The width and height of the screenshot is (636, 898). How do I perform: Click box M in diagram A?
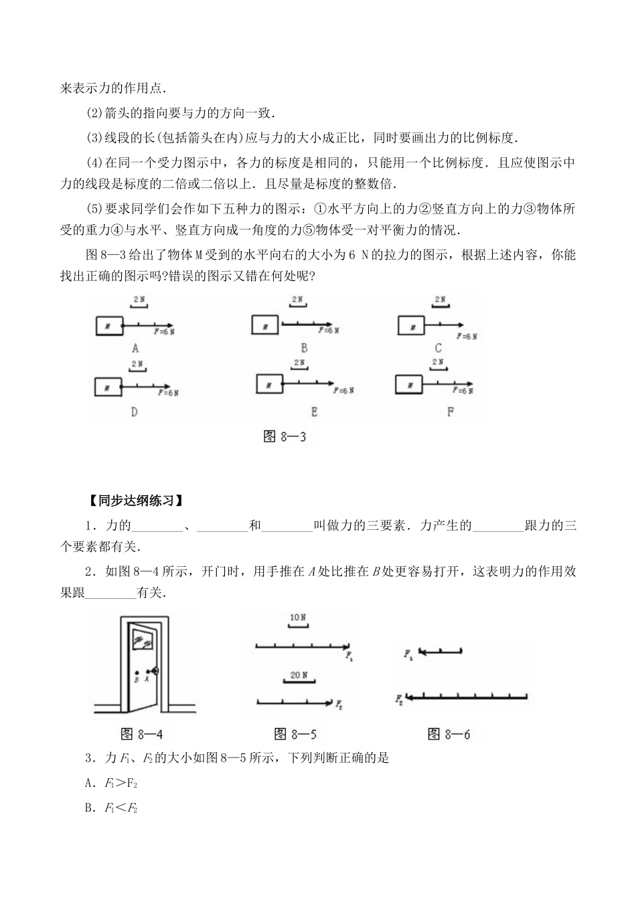[x=108, y=326]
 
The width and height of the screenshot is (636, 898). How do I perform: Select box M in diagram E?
[x=268, y=384]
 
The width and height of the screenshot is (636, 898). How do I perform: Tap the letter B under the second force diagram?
[x=303, y=347]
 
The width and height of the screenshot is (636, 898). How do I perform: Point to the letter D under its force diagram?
[x=134, y=412]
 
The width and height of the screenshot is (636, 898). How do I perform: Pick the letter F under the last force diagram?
[x=450, y=412]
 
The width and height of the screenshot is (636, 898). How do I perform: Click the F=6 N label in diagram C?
[x=465, y=336]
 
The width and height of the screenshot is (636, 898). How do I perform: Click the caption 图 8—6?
[x=449, y=735]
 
